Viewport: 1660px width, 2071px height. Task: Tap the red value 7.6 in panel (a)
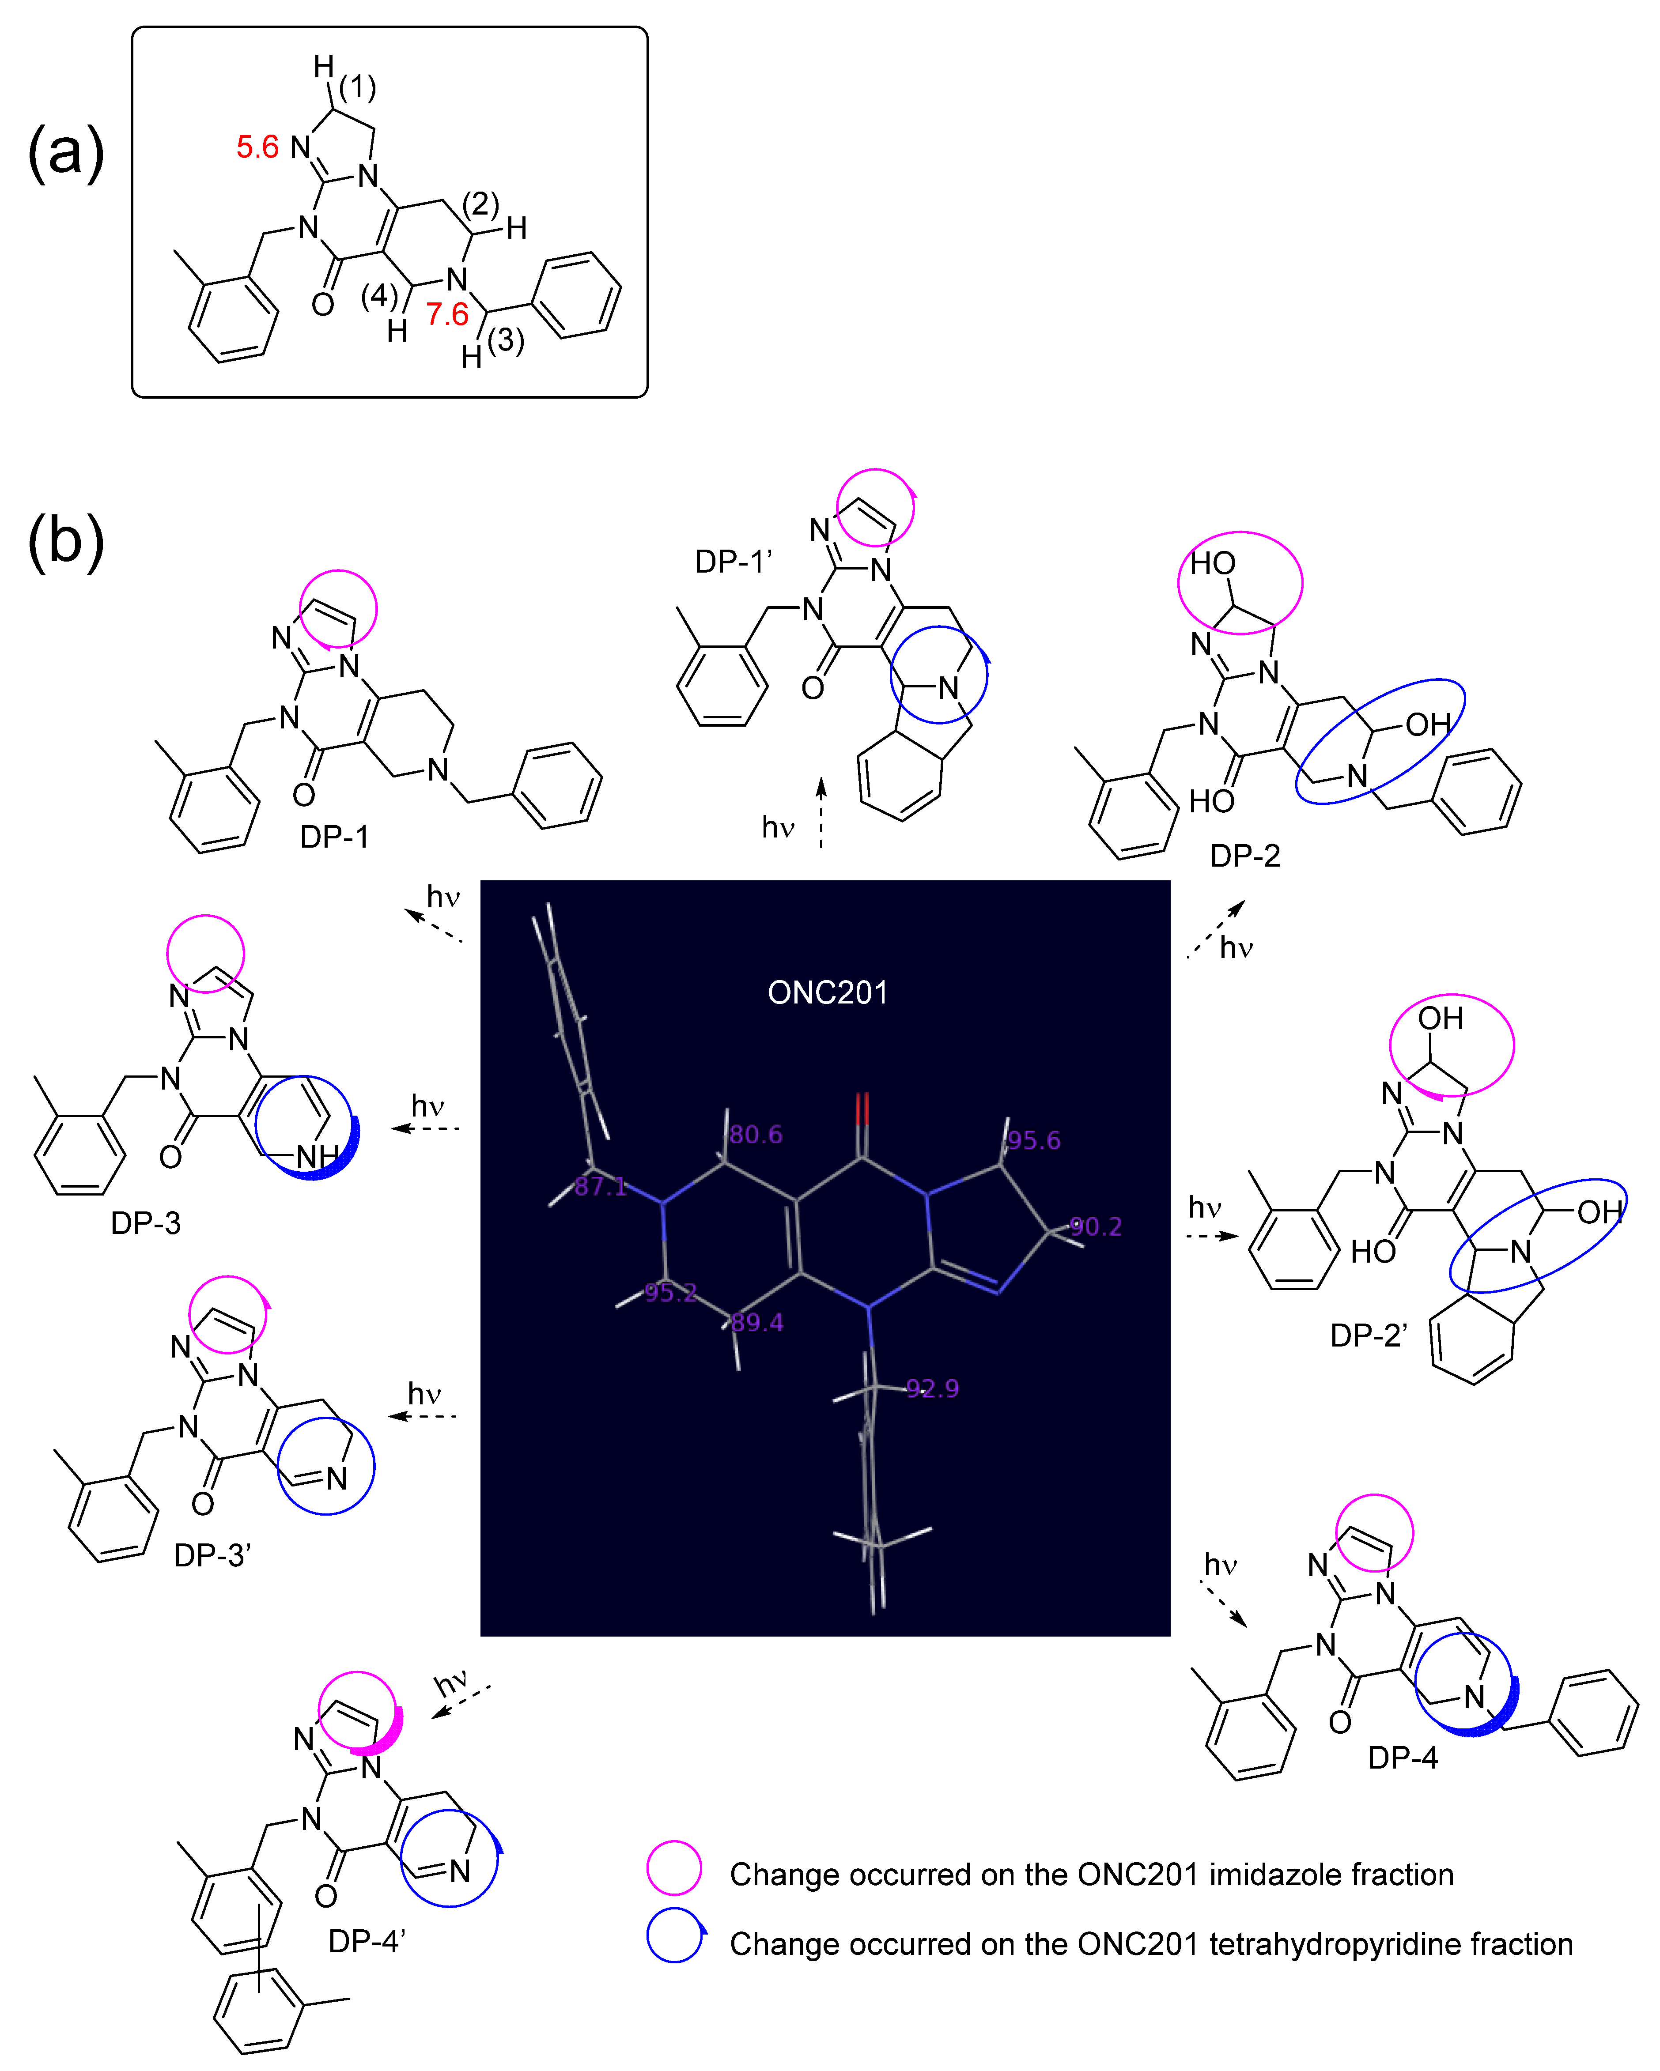coord(448,314)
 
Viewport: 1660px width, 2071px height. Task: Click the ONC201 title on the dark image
coord(827,992)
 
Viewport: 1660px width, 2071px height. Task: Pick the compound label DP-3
coord(145,1223)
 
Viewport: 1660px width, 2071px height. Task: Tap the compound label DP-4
coord(1403,1758)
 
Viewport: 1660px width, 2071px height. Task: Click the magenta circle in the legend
coord(674,1868)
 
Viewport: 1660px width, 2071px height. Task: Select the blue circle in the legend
coord(674,1935)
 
